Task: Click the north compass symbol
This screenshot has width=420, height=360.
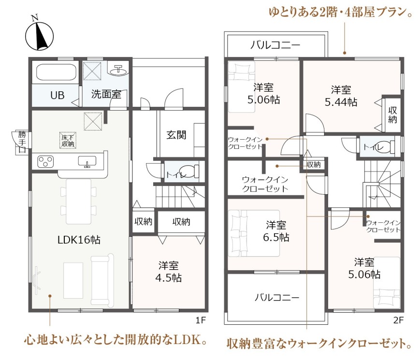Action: click(39, 36)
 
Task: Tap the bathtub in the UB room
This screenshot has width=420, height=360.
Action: click(56, 72)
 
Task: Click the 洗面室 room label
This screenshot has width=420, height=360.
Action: click(106, 94)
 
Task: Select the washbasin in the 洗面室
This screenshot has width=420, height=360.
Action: click(118, 71)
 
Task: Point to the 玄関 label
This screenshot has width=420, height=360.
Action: click(176, 135)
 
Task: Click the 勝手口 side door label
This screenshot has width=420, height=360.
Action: click(22, 142)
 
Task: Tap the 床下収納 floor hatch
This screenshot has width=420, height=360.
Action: click(68, 140)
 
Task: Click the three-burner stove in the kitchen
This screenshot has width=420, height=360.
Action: click(45, 161)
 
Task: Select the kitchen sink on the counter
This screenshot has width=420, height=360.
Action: click(87, 161)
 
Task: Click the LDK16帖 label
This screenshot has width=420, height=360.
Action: click(79, 240)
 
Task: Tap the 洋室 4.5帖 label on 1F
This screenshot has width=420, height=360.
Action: click(169, 272)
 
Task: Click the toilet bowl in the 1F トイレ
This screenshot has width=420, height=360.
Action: click(188, 172)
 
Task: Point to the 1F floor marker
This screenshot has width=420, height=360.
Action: click(201, 320)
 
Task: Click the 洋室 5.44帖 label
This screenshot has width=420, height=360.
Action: click(341, 96)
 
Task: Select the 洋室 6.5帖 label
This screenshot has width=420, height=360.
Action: click(276, 231)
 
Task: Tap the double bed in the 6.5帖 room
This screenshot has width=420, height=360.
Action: click(254, 233)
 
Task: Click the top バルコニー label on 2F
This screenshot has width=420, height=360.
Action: click(275, 45)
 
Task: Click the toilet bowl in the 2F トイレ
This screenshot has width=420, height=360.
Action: click(385, 147)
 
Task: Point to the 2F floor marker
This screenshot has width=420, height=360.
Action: click(398, 320)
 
